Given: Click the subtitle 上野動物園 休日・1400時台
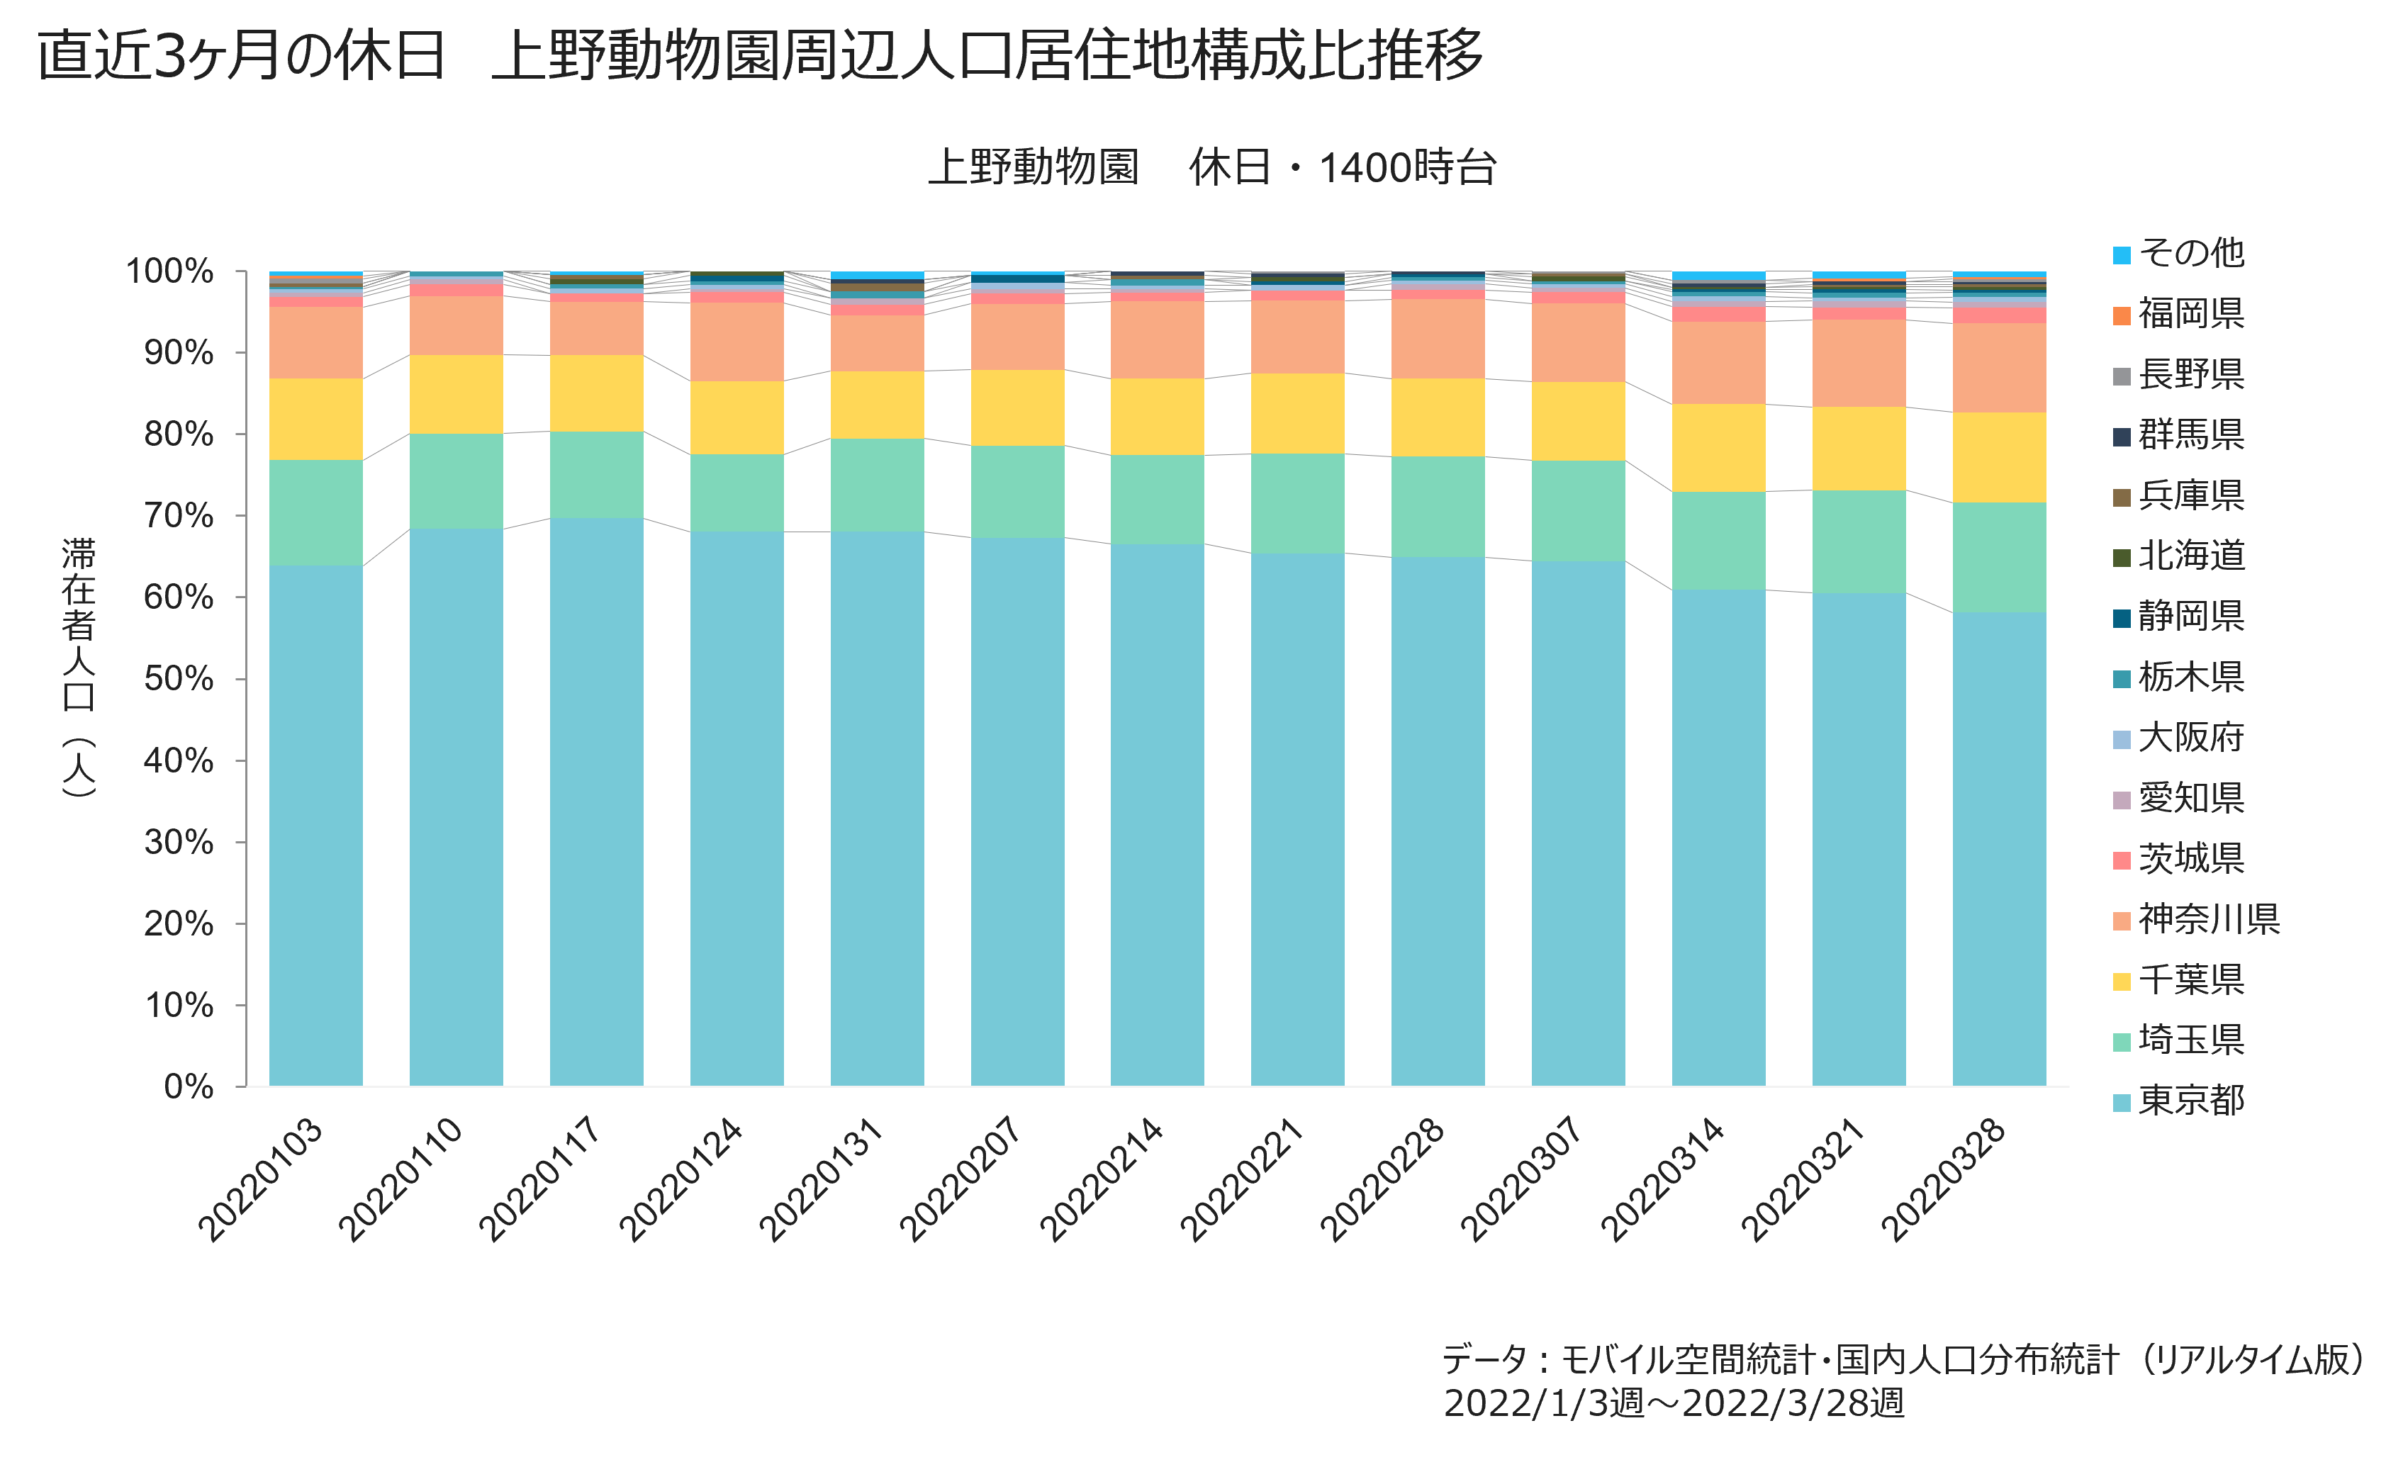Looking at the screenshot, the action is (x=1212, y=167).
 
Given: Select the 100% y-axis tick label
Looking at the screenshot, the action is (x=170, y=271).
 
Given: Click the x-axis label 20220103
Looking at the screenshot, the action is (x=260, y=1180).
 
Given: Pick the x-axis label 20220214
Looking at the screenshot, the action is (x=1102, y=1180).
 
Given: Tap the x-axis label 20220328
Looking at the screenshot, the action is (x=1943, y=1180).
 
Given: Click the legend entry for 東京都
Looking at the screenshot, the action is (x=2179, y=1101).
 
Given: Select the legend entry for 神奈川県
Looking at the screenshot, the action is (x=2196, y=918).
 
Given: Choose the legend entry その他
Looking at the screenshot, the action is (x=2179, y=253).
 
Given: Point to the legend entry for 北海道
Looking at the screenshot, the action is (x=2179, y=555).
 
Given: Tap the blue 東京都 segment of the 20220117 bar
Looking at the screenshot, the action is (x=596, y=802).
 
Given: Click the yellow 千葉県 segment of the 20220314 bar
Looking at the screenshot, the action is (x=1718, y=448).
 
